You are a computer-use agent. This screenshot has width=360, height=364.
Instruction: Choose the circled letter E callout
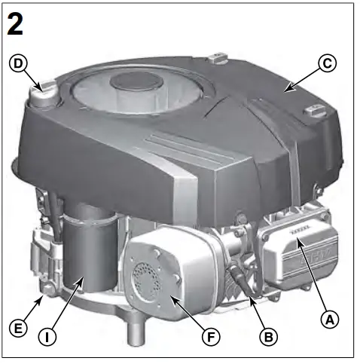(x=19, y=329)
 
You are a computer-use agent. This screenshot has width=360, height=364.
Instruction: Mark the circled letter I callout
(x=47, y=337)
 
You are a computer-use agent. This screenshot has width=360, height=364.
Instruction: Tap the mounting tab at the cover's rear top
(x=217, y=57)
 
